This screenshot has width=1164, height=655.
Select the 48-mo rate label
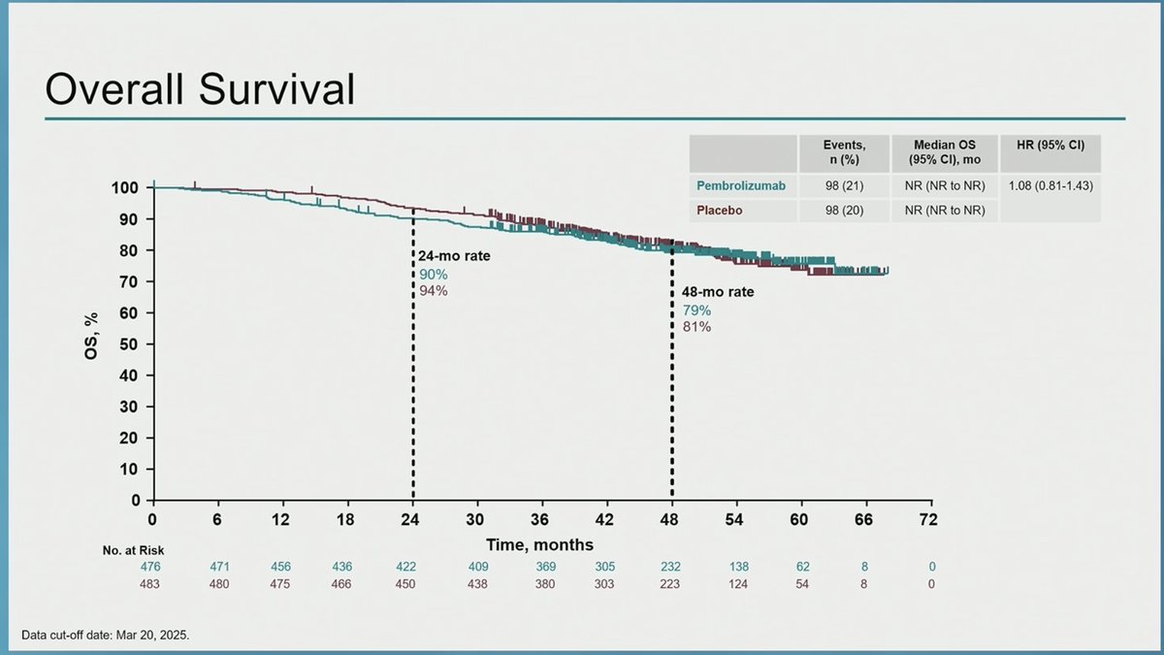click(x=711, y=291)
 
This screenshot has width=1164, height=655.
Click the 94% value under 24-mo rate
click(x=433, y=290)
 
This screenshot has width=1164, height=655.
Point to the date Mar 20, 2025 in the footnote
click(x=150, y=637)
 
